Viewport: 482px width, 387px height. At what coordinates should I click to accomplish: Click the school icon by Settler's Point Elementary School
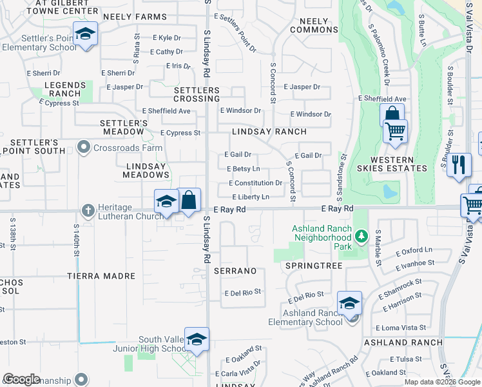coord(84,34)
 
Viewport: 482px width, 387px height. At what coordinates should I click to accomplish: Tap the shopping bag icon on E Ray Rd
coord(189,200)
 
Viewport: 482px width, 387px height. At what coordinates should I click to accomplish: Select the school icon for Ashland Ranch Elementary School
coord(349,303)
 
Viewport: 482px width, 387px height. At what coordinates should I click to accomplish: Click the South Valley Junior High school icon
coord(197,339)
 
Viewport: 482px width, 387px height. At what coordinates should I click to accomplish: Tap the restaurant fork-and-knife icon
coord(459,164)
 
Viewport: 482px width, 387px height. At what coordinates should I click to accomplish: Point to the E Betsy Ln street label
coord(244,169)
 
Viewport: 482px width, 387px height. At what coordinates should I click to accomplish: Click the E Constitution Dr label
coord(255,183)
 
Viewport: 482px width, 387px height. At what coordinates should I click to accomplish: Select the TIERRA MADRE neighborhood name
coord(102,276)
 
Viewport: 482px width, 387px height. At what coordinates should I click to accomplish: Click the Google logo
coord(21,379)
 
